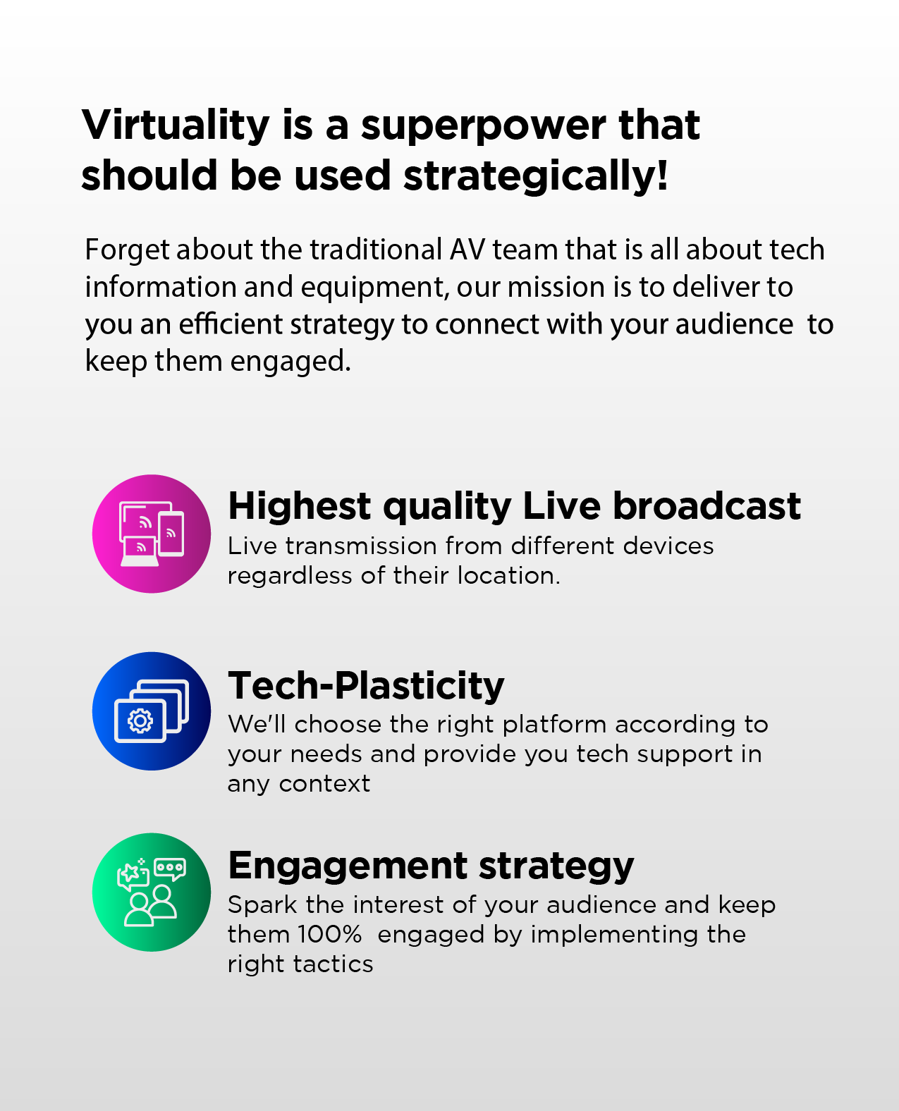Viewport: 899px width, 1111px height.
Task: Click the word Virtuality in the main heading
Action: pyautogui.click(x=176, y=125)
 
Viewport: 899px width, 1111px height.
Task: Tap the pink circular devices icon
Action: pyautogui.click(x=152, y=534)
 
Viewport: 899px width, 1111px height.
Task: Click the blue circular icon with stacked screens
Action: pyautogui.click(x=152, y=711)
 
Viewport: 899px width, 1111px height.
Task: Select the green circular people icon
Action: pyautogui.click(x=152, y=892)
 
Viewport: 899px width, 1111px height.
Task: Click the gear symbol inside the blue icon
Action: pyautogui.click(x=140, y=721)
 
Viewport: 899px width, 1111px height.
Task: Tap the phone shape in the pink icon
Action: pyautogui.click(x=171, y=534)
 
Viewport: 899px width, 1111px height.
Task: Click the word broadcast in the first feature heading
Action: pyautogui.click(x=707, y=506)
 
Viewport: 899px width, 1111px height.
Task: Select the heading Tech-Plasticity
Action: pyautogui.click(x=366, y=685)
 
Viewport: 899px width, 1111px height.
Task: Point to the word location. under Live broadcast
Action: pyautogui.click(x=508, y=576)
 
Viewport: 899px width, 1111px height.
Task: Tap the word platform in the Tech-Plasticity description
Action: pyautogui.click(x=555, y=725)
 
